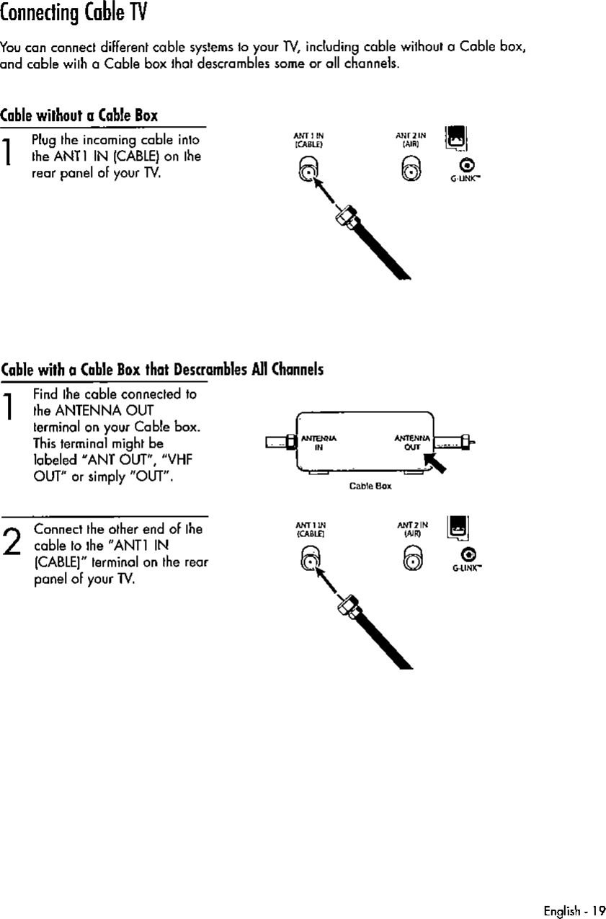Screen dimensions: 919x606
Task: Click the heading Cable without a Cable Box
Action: pos(79,115)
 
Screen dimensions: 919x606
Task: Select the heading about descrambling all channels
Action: pos(161,370)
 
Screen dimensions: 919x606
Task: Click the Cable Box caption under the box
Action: pos(370,486)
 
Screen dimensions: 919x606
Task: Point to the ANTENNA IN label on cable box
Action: pos(314,441)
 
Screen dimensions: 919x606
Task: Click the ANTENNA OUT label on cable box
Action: pos(411,440)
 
